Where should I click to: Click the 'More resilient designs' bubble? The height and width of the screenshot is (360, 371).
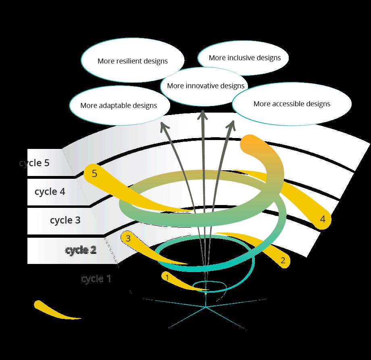(x=132, y=61)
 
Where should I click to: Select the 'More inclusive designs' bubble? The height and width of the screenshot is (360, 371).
(x=244, y=58)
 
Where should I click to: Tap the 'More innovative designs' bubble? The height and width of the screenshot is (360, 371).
(x=206, y=86)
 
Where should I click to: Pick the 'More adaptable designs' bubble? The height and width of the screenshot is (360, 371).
(x=118, y=105)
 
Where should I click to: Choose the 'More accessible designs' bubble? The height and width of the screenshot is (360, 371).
(x=292, y=104)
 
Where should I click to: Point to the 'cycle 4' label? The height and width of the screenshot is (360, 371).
(x=50, y=192)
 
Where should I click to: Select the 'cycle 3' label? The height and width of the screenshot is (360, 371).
(x=65, y=220)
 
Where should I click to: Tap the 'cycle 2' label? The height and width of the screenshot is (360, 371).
(x=81, y=250)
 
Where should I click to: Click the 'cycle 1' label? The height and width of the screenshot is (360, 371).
(x=96, y=278)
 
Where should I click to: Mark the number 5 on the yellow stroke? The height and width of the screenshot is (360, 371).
(x=94, y=174)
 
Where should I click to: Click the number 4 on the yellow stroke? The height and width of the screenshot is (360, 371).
(x=322, y=219)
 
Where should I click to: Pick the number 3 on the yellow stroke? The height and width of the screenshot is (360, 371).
(x=128, y=238)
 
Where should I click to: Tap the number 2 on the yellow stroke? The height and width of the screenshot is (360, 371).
(x=283, y=260)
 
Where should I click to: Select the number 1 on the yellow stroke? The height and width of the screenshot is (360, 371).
(x=167, y=277)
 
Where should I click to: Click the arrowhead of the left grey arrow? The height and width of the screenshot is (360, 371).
(x=163, y=127)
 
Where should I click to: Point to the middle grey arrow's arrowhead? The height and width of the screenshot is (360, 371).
(x=202, y=116)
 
